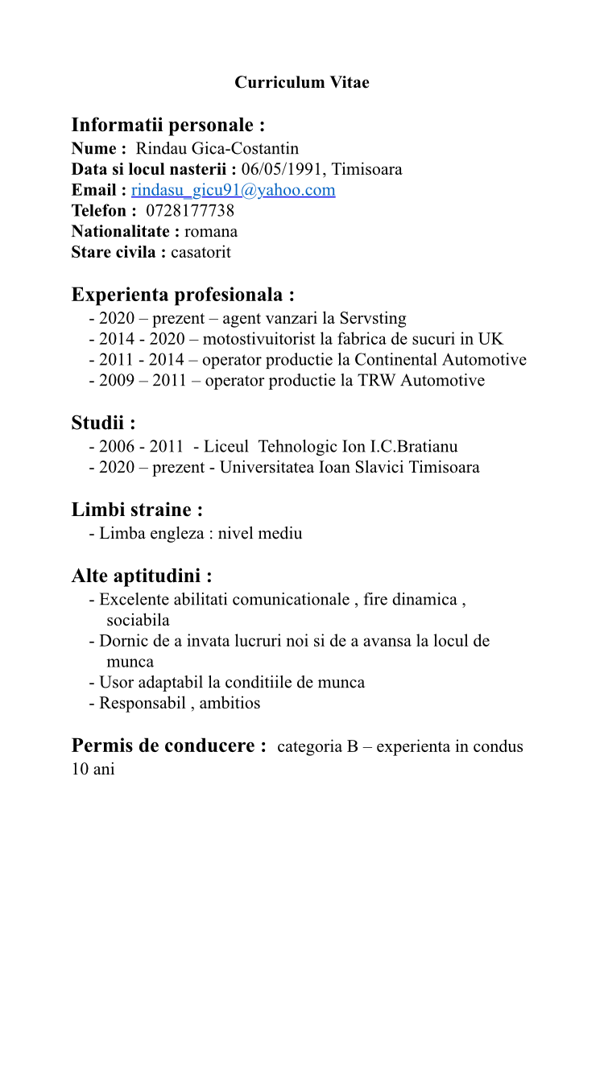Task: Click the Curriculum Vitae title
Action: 302,82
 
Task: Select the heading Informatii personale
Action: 168,125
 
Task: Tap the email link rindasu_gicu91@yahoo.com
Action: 233,190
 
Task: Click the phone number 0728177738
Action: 190,211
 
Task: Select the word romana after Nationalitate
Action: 211,232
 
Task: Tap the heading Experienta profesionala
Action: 183,294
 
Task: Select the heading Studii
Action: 103,422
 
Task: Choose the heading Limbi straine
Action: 137,510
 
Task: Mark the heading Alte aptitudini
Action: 142,576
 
